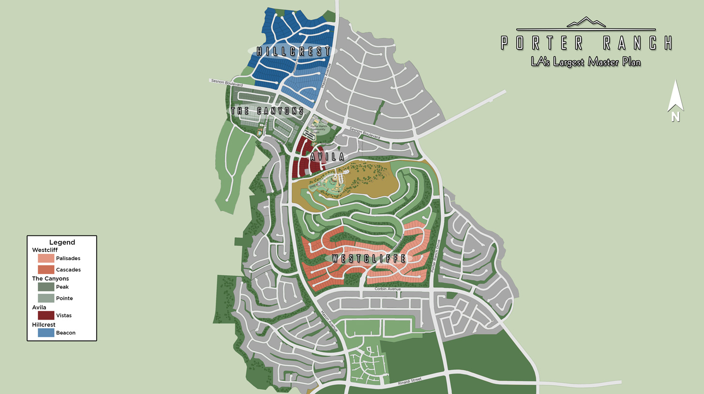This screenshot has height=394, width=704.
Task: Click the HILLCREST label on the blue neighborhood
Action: (293, 51)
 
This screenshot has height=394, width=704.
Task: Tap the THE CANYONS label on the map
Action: (267, 111)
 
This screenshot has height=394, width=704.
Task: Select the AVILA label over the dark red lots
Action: (327, 157)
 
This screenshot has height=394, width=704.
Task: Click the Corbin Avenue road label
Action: (388, 289)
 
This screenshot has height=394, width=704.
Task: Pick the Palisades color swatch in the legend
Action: (46, 258)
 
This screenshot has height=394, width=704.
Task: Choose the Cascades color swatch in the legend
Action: (46, 270)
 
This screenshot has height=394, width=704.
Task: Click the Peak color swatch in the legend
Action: (46, 287)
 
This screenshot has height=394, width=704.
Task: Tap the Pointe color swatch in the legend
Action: (46, 298)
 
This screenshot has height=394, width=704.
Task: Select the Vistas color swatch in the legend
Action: (46, 315)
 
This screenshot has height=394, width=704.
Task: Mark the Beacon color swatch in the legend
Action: (46, 333)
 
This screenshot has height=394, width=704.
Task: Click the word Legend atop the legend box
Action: (62, 242)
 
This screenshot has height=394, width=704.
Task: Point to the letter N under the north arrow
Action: (675, 117)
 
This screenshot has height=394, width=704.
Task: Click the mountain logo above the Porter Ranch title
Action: (586, 22)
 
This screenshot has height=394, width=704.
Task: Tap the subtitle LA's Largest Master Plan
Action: (585, 62)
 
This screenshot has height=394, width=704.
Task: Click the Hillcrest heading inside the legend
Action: (44, 324)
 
